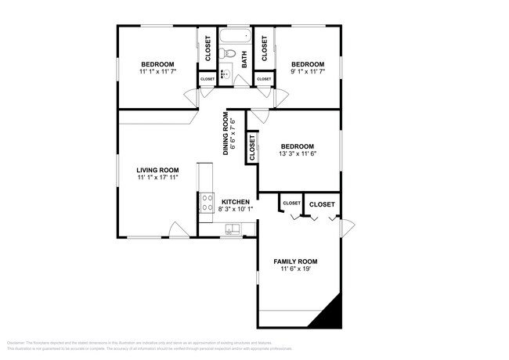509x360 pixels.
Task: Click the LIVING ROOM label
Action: [157, 170]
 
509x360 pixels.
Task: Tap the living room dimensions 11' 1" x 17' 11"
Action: [157, 178]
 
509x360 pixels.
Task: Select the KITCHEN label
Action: [235, 202]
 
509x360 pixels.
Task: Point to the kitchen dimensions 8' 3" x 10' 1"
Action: [235, 210]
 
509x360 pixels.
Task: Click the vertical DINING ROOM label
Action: [226, 134]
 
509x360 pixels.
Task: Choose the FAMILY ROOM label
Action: [295, 261]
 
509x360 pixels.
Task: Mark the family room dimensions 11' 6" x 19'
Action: [295, 269]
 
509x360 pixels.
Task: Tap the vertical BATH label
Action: [244, 59]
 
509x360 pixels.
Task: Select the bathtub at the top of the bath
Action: [234, 36]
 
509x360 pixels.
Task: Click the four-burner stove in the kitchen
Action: [208, 203]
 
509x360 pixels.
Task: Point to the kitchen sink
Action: [233, 229]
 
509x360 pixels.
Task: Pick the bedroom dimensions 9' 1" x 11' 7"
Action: [307, 72]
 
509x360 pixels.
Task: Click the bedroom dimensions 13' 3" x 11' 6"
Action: [297, 154]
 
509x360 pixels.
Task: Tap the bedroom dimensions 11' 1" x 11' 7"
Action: [157, 72]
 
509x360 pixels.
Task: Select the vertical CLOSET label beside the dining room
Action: [251, 147]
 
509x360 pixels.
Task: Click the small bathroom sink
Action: [223, 76]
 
